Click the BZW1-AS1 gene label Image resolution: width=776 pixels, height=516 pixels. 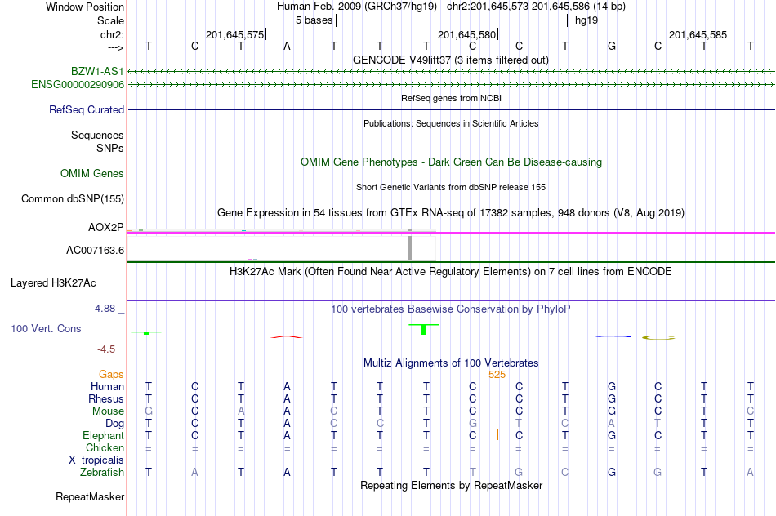97,72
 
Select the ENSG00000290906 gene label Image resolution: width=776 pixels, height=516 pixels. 78,84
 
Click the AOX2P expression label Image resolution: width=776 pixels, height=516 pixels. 105,227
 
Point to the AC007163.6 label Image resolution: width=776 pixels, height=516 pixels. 95,250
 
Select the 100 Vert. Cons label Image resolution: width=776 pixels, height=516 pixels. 46,328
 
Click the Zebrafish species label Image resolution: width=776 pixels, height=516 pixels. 102,472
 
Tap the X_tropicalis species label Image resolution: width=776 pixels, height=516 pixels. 96,460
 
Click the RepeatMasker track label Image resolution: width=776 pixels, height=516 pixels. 90,496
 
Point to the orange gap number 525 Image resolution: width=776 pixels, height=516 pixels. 497,375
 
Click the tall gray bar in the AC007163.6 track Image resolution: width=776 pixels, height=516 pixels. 409,247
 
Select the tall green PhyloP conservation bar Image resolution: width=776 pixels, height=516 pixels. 424,329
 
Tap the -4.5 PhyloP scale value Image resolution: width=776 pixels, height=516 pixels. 106,349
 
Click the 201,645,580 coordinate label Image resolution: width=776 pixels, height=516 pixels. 466,35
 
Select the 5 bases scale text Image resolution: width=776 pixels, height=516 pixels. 314,20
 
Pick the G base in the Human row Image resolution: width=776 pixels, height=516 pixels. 612,386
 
